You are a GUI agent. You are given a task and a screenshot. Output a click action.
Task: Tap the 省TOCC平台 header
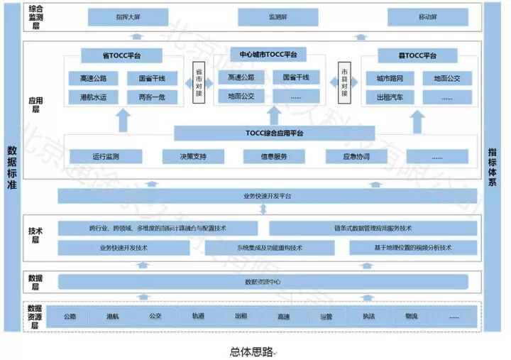pos(122,55)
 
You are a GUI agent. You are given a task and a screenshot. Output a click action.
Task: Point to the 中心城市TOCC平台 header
pos(268,55)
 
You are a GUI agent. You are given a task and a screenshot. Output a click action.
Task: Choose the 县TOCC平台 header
pos(417,55)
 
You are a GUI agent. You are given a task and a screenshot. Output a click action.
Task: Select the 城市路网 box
pos(390,79)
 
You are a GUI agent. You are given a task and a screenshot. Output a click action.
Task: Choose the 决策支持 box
pos(193,156)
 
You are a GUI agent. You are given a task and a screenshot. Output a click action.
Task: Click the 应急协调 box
pos(355,156)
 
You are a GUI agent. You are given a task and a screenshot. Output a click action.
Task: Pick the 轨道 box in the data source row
pos(198,317)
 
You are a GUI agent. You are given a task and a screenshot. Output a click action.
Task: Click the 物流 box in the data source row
pos(412,317)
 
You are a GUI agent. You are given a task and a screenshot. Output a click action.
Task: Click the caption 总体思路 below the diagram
pos(251,351)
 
